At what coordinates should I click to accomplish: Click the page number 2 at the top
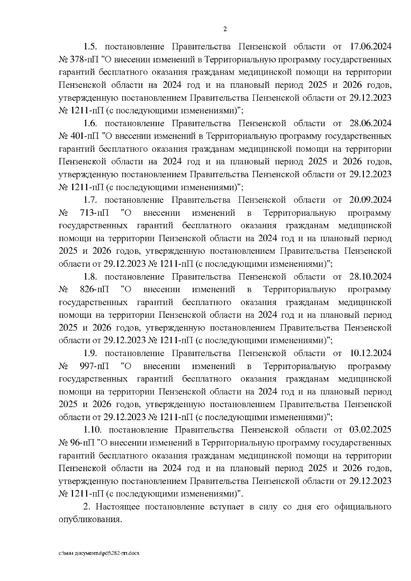tap(225, 29)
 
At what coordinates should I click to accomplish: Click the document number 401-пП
tap(84, 137)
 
